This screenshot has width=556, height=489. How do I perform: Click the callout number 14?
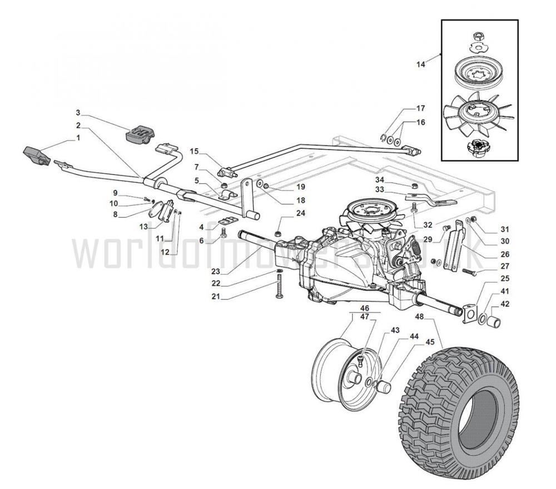tap(420, 64)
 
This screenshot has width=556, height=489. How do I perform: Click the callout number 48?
tap(419, 317)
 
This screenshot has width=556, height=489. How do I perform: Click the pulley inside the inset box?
tap(479, 72)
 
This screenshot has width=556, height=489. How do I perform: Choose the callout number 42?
tap(504, 304)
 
